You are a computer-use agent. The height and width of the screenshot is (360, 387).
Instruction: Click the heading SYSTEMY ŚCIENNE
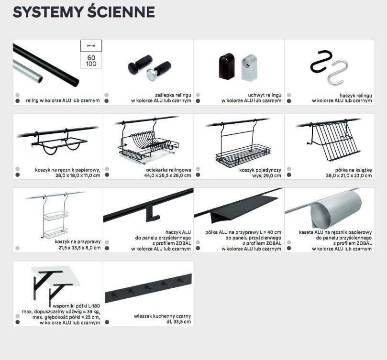coord(84,12)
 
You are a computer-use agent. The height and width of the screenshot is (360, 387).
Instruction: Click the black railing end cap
coord(140,64)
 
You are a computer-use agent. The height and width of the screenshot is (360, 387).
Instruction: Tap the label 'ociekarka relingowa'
coord(168,170)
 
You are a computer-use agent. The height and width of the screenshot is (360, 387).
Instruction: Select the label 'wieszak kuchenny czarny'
coord(163,316)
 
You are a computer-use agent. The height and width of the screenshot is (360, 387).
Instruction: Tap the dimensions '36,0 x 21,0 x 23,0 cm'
coord(349,175)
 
